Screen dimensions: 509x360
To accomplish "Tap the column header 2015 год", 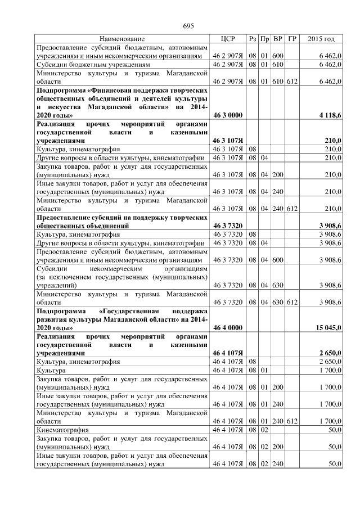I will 322,39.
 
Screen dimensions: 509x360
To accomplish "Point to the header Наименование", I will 122,39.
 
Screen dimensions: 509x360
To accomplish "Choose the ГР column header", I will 291,39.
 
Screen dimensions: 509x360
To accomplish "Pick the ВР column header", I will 277,39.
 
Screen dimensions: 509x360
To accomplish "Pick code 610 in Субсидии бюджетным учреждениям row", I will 277,65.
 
